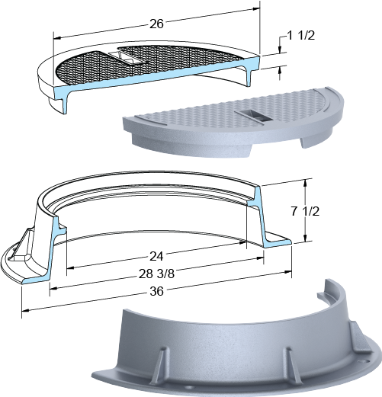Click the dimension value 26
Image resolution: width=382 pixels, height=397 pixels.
click(156, 24)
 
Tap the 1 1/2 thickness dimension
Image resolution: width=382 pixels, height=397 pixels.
click(301, 36)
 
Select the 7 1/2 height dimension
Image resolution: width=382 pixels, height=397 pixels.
click(305, 211)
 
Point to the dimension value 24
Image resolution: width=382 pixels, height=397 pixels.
click(156, 257)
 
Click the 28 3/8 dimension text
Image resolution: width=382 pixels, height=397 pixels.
click(156, 274)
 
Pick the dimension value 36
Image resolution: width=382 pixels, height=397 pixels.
click(156, 291)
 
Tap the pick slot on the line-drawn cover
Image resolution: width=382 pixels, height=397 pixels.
click(127, 57)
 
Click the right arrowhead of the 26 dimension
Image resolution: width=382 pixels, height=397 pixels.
click(256, 9)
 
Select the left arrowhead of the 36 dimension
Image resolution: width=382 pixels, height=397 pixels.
click(25, 310)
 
